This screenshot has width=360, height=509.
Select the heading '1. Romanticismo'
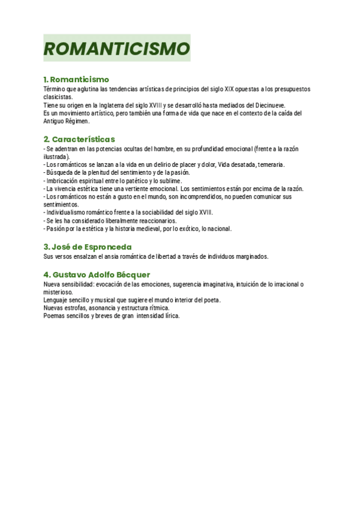(76, 79)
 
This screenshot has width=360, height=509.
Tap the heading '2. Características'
(79, 139)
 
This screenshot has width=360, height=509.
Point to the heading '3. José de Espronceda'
(88, 247)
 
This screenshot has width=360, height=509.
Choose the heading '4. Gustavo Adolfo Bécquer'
(97, 274)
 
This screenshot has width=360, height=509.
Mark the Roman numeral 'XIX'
(229, 89)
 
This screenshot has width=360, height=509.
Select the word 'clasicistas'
(58, 97)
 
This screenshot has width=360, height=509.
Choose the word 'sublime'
(169, 181)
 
